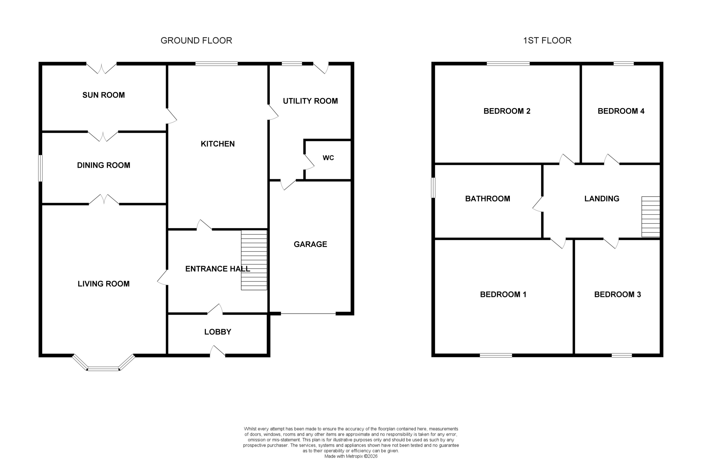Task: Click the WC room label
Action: [x=328, y=158]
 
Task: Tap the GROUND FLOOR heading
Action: [x=196, y=40]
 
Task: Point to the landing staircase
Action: [x=650, y=216]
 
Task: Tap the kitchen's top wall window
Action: [x=216, y=64]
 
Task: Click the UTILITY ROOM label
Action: [x=310, y=101]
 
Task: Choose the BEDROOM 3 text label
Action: [x=617, y=294]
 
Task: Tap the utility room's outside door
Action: [x=321, y=68]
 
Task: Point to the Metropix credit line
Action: [x=351, y=456]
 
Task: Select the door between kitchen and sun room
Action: [x=171, y=116]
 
